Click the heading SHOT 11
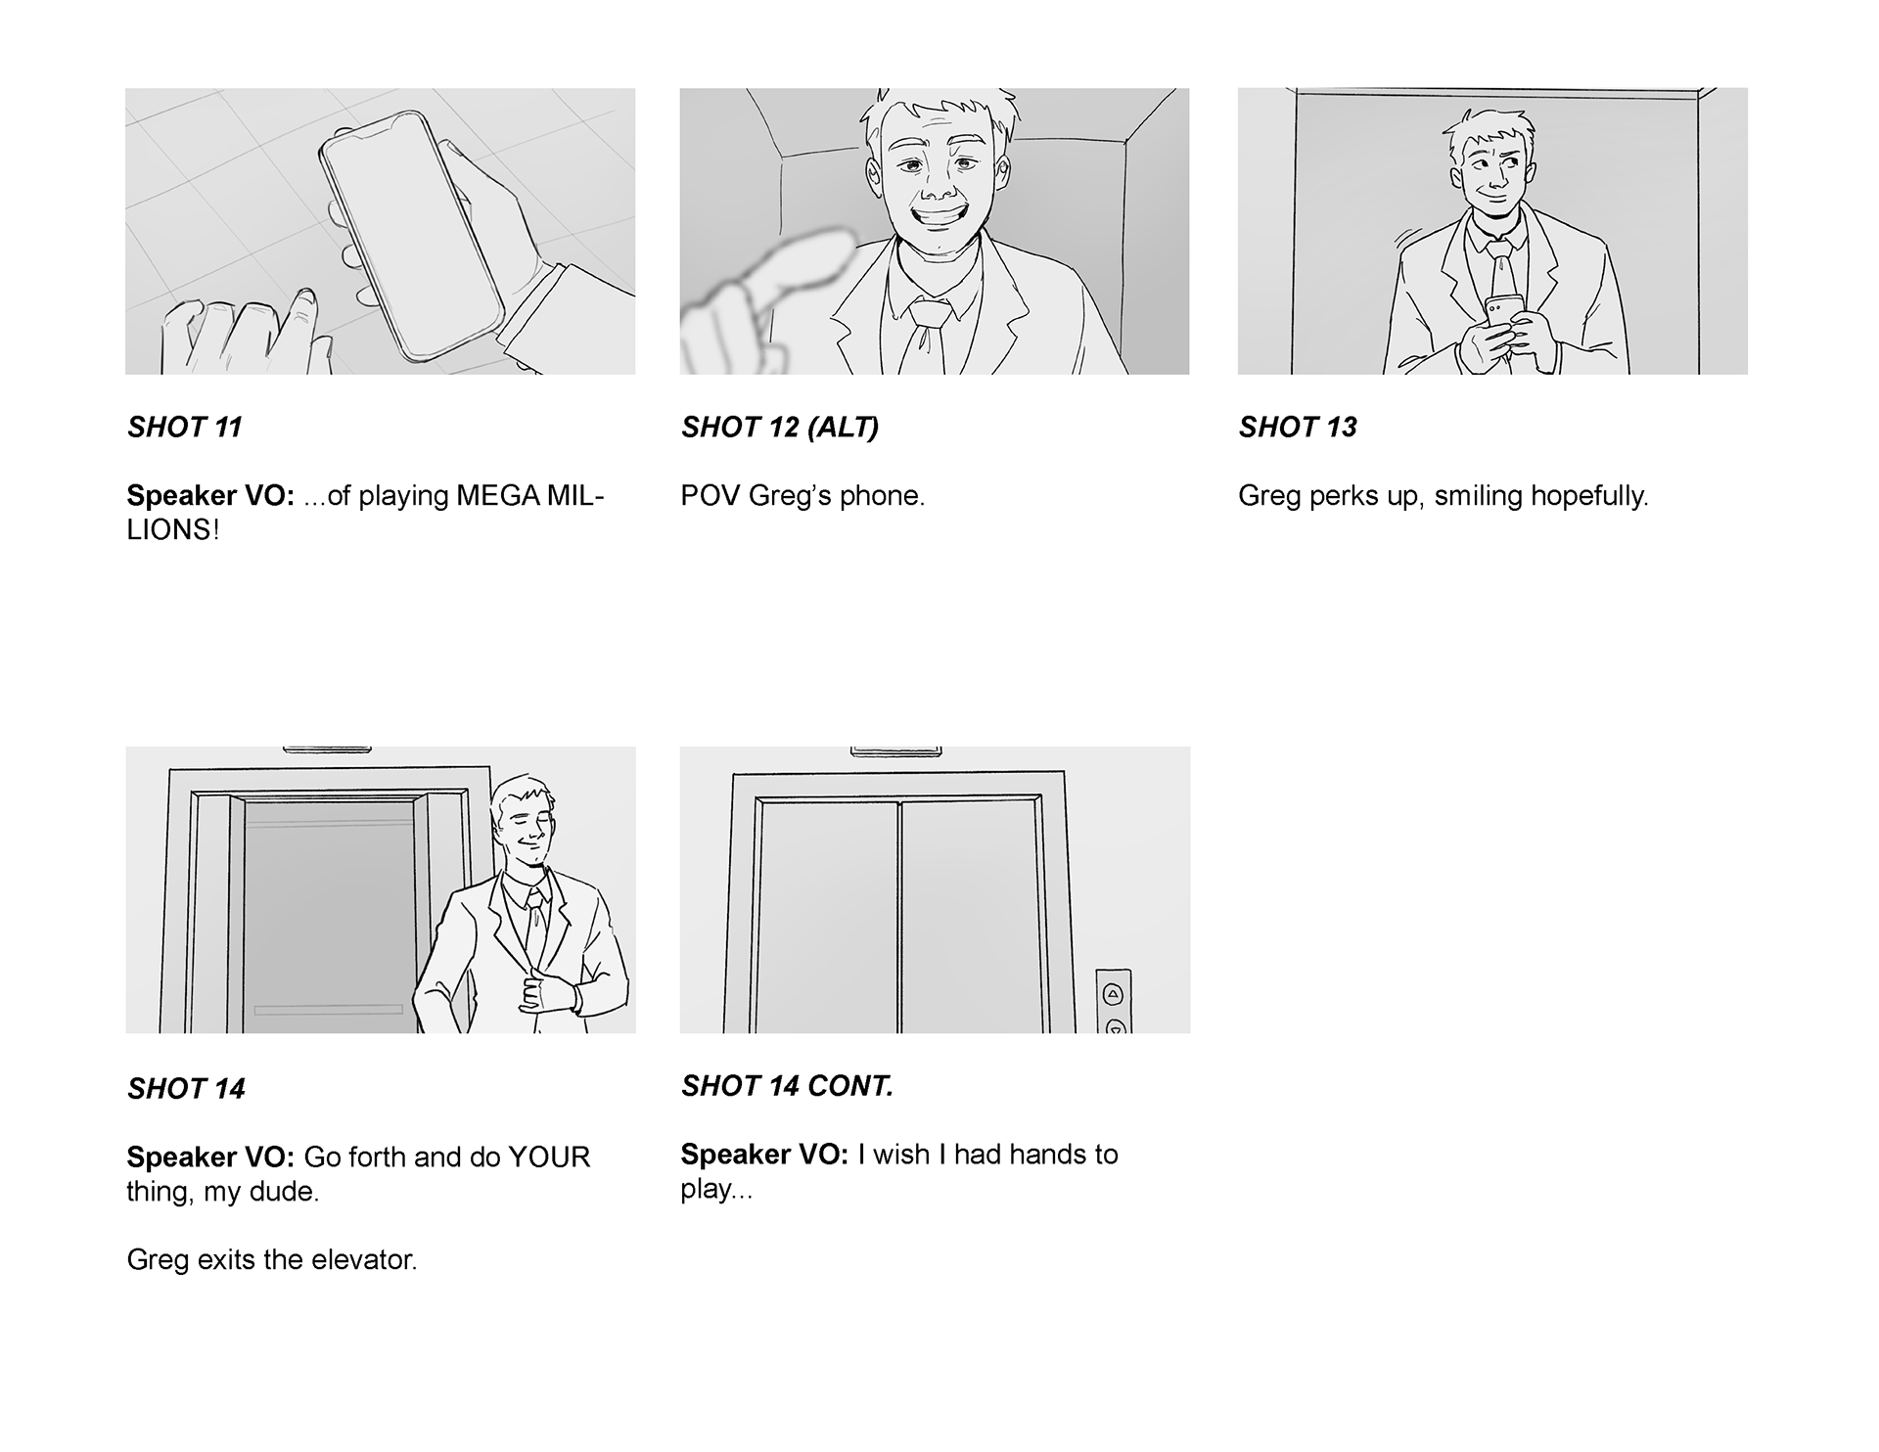tap(184, 428)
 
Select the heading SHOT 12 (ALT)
tap(780, 428)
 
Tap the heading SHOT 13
tap(1298, 428)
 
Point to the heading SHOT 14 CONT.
tap(787, 1086)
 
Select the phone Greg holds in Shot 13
tap(1500, 312)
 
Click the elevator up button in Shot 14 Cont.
tap(1113, 994)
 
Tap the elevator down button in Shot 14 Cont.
tap(1114, 1026)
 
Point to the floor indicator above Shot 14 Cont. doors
tap(895, 750)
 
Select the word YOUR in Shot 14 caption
tap(548, 1157)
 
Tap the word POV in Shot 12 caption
tap(710, 496)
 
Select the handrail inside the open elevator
tap(328, 1010)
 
